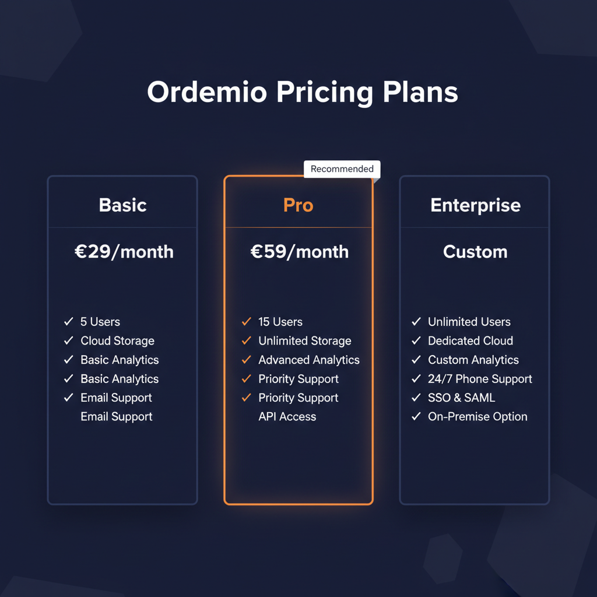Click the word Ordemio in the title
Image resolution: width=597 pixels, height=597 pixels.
206,93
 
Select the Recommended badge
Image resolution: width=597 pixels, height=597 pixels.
342,169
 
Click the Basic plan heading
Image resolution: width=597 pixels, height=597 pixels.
122,205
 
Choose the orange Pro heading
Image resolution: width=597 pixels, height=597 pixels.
298,205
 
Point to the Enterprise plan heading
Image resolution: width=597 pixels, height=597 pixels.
475,205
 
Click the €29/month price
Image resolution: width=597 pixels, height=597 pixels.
124,252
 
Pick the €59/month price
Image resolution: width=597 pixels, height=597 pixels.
299,252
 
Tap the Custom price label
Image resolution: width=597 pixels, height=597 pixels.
475,252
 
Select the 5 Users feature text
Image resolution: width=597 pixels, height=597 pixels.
100,322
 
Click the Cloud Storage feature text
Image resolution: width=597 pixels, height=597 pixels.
117,341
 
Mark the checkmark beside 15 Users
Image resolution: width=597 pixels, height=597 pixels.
246,322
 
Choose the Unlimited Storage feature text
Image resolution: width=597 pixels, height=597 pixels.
305,341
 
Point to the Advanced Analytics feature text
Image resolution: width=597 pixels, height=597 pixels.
309,360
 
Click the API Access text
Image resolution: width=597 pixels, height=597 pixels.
287,417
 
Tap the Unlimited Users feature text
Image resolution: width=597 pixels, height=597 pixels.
469,322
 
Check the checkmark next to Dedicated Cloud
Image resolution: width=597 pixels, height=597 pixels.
416,341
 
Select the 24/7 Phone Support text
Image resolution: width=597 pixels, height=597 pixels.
480,379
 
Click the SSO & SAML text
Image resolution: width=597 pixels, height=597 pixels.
461,398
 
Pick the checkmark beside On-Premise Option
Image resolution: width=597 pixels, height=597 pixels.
416,417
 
